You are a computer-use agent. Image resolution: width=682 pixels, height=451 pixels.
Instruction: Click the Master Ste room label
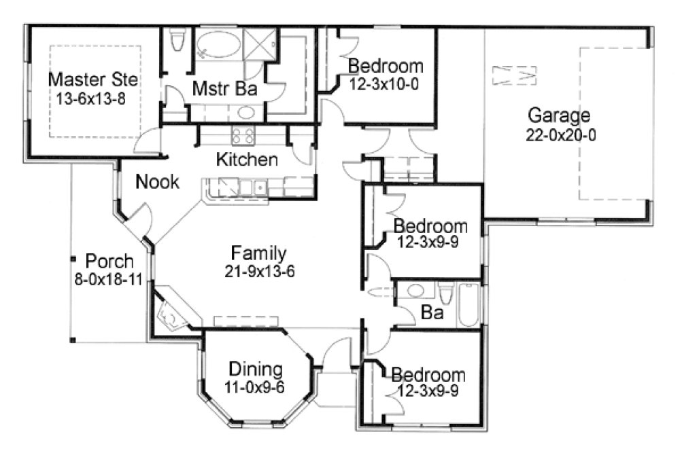coord(93,79)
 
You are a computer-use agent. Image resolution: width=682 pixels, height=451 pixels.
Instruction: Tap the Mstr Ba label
coord(215,88)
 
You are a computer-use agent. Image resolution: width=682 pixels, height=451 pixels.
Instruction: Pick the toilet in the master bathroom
coord(177,41)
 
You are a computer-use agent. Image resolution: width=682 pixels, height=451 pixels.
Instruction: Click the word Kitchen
coord(246,160)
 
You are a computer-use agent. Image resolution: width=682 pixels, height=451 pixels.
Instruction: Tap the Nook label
coord(157,181)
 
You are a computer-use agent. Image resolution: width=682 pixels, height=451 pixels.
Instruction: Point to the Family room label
coord(258,253)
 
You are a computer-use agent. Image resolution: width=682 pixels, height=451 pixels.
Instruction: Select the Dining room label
coord(255,370)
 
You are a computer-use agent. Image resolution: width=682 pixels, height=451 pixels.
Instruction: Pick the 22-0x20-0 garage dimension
coord(561,134)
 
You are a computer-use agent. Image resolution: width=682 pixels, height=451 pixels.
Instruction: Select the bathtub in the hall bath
coord(469,306)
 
